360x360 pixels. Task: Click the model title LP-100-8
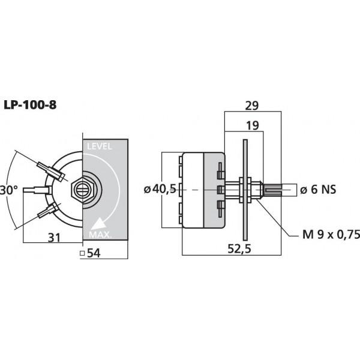(30, 106)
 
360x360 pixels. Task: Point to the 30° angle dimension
(8, 190)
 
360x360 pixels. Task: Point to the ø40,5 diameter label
(160, 190)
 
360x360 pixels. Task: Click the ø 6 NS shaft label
(317, 190)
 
